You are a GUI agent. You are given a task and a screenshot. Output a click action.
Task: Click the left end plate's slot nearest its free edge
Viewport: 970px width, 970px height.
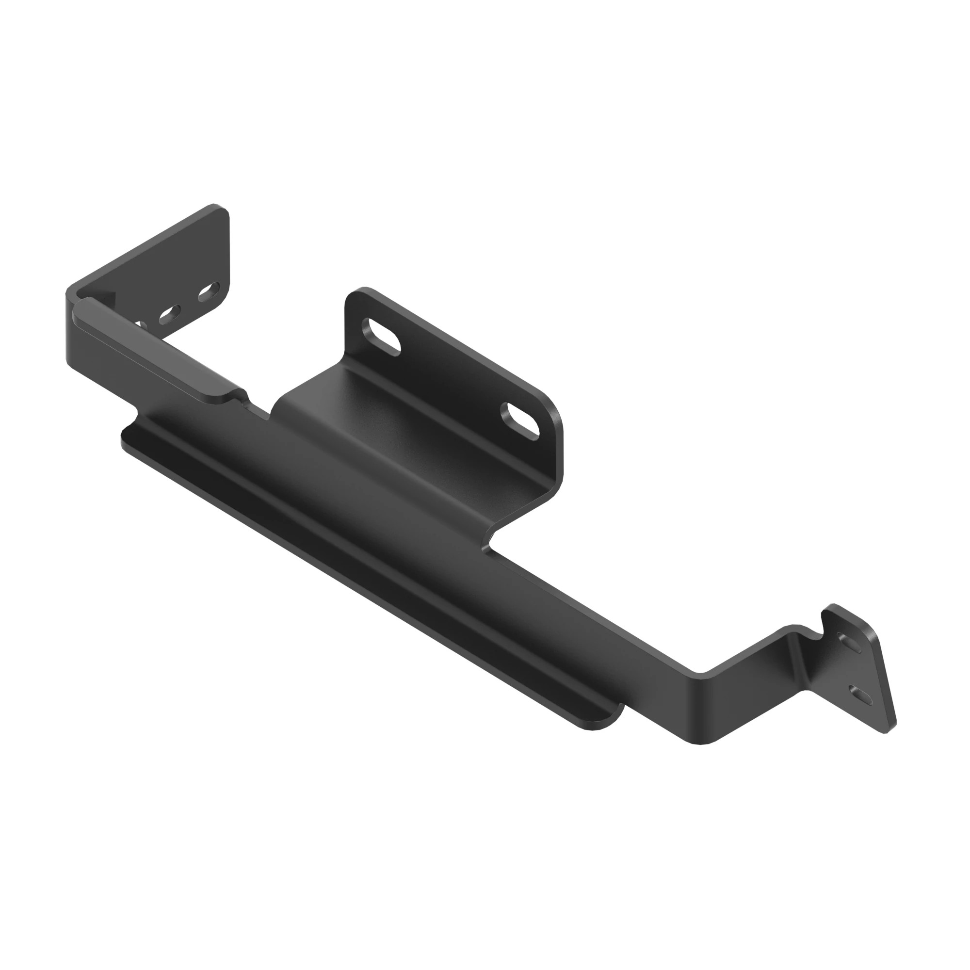(209, 293)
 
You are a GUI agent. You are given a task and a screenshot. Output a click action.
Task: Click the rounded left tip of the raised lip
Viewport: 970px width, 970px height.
(80, 307)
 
